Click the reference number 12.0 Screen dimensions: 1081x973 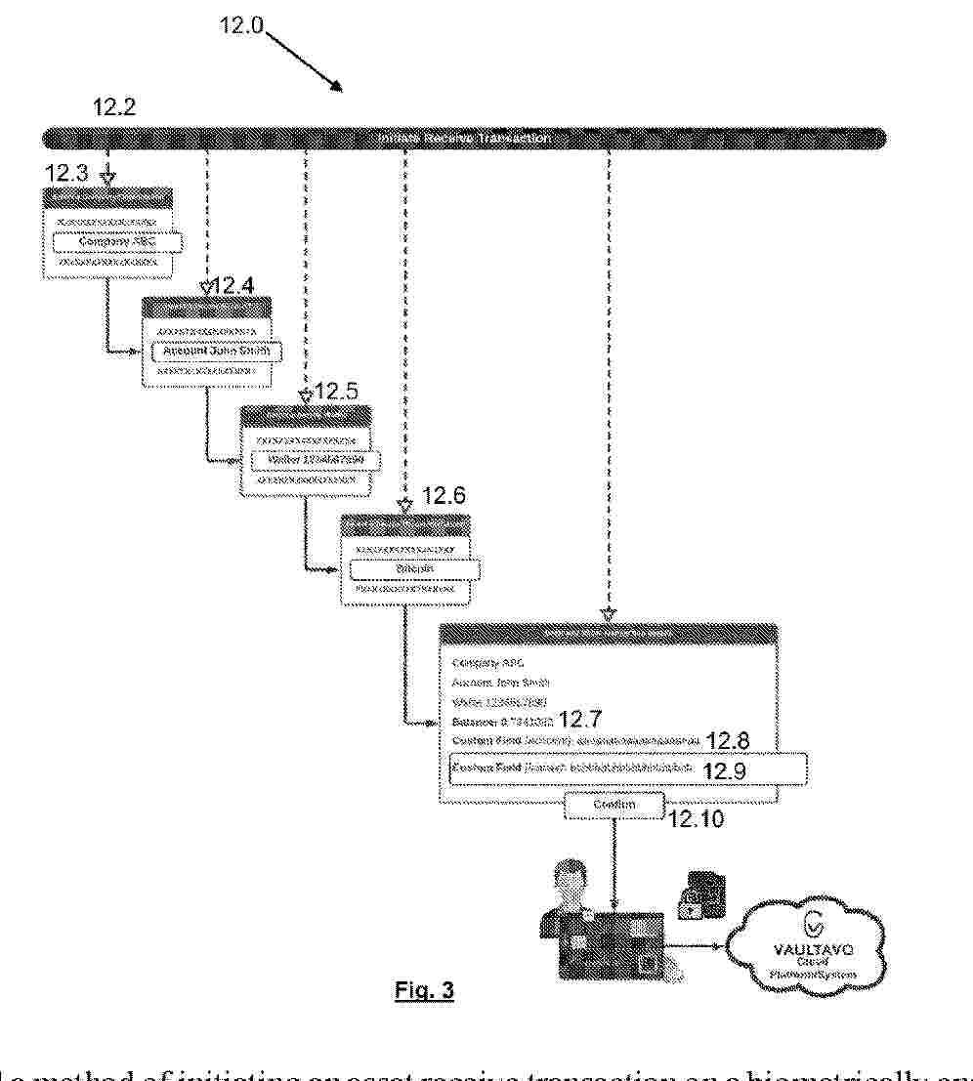[241, 25]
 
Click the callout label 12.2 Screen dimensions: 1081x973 [113, 108]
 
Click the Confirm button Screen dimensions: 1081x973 [613, 805]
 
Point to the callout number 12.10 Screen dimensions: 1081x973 [697, 821]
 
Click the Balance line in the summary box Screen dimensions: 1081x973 [504, 723]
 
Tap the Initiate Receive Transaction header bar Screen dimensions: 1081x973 [465, 139]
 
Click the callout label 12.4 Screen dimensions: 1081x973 [234, 286]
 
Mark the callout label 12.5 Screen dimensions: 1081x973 [336, 393]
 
